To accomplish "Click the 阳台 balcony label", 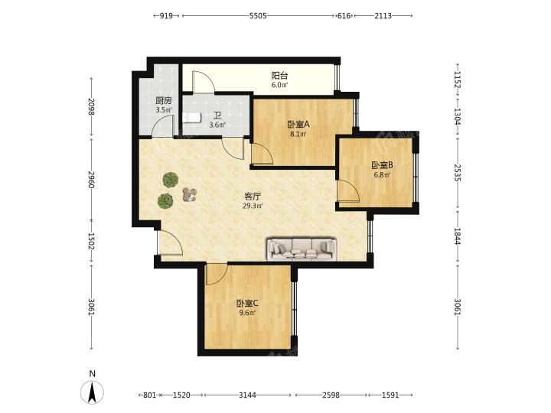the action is (x=280, y=76).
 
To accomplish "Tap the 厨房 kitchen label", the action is (x=164, y=101).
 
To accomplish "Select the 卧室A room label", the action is (x=298, y=125).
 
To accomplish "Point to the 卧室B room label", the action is (x=382, y=165).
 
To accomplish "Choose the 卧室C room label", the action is (x=247, y=303).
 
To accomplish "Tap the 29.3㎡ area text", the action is (x=253, y=206).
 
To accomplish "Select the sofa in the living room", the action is (x=302, y=249).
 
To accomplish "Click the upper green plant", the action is (x=171, y=180).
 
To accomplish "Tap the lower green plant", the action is (x=165, y=201).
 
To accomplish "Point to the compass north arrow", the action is (x=92, y=392).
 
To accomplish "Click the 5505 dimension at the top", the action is (x=258, y=16).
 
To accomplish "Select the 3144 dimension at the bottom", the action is (x=247, y=395).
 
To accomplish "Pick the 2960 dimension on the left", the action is (x=91, y=180).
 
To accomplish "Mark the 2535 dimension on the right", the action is (x=458, y=172).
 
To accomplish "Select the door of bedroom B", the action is (x=348, y=191).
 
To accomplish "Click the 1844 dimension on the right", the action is (x=458, y=236).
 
